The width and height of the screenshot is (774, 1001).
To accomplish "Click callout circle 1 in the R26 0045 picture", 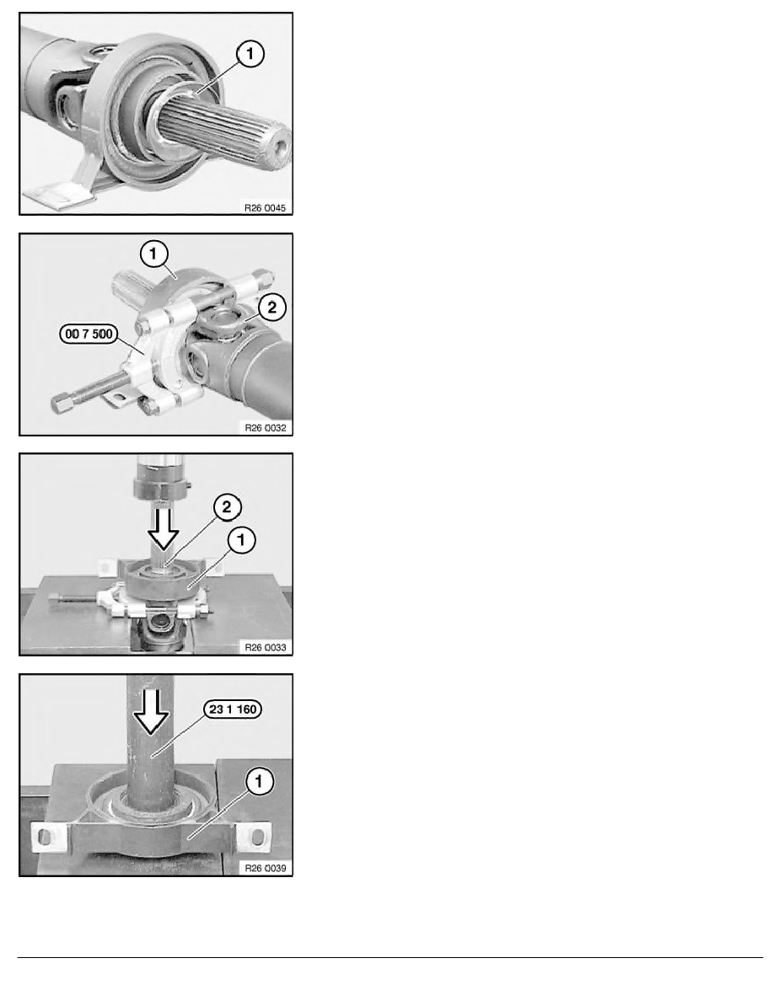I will pyautogui.click(x=250, y=56).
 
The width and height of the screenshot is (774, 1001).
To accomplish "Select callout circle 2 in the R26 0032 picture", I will pyautogui.click(x=271, y=308).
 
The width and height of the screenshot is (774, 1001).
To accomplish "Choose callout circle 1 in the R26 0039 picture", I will pyautogui.click(x=258, y=783).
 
